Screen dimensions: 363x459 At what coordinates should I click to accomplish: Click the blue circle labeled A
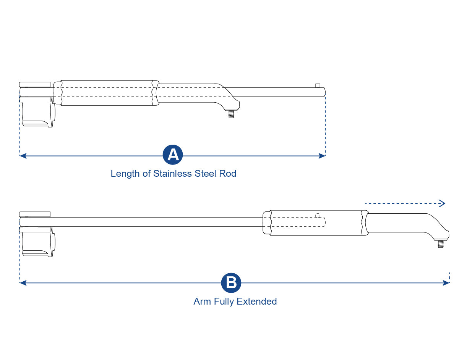point(173,155)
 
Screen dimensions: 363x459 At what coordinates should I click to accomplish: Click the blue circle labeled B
point(231,283)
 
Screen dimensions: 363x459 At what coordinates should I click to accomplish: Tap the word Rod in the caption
point(228,174)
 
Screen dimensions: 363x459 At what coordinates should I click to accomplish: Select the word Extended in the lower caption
point(256,302)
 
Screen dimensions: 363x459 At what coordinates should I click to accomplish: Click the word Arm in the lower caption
point(202,302)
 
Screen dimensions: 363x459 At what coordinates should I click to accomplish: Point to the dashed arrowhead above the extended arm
point(443,203)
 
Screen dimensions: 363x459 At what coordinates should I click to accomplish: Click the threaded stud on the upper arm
point(231,114)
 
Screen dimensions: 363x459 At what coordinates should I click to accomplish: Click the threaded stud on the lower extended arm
point(440,244)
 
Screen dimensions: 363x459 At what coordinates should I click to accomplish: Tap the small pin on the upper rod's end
point(318,85)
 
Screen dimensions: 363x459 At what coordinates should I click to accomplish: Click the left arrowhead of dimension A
point(22,156)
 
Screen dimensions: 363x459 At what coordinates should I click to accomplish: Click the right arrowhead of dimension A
point(323,156)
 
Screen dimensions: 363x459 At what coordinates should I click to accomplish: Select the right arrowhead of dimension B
point(447,283)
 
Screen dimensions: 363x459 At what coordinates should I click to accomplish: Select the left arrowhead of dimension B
point(22,283)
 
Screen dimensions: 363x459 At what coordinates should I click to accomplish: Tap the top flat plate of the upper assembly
point(34,84)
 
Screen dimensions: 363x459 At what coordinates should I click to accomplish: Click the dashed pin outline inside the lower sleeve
point(318,216)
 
